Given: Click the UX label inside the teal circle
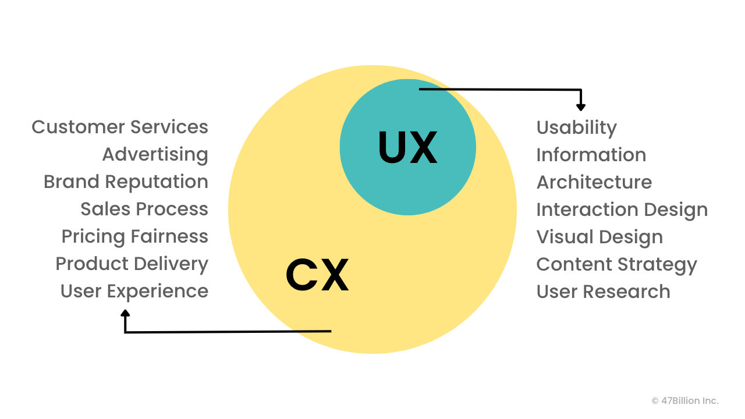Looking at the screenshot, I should tap(407, 148).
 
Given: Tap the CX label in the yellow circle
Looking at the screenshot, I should tap(317, 275).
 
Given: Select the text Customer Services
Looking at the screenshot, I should tap(120, 127).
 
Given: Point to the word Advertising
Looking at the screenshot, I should tap(155, 154).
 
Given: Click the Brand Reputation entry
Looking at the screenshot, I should tap(126, 182).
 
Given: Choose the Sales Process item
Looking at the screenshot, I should tap(144, 209).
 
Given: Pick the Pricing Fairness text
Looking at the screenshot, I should tap(135, 236).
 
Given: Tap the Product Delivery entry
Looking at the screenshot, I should tap(132, 264).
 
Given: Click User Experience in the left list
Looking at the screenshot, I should tap(134, 291).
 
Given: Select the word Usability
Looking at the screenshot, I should tap(576, 127).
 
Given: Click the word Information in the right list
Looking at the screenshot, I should tap(591, 155).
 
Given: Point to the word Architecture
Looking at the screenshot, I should tap(594, 182).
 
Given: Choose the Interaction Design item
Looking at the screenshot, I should tap(622, 210).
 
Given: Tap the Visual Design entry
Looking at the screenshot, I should tap(599, 237).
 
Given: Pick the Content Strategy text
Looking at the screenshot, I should tap(616, 264).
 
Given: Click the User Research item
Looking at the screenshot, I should tap(603, 292).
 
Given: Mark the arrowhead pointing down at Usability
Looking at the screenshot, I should tap(580, 107).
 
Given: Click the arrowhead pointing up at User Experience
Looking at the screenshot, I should tap(125, 314).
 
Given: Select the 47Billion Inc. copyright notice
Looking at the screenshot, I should tap(685, 400).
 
